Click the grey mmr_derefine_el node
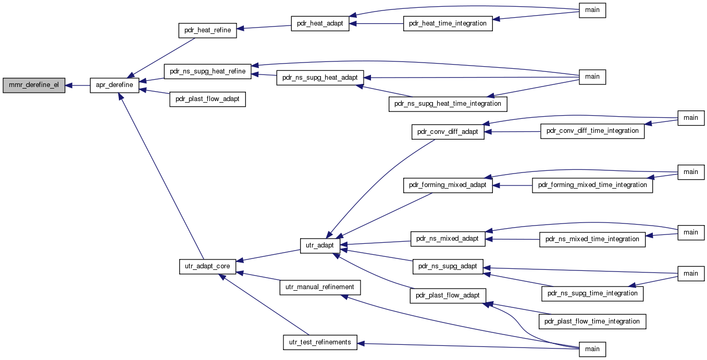pos(34,85)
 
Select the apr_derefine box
pos(114,85)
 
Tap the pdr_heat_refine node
pos(207,30)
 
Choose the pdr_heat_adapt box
pos(320,23)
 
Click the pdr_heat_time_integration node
pos(448,23)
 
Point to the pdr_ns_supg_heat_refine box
pos(207,71)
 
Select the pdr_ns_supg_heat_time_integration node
pos(448,104)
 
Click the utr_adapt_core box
pos(207,267)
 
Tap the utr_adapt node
pos(320,246)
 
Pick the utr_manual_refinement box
pos(320,288)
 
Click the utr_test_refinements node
pos(320,343)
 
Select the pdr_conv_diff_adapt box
pos(448,132)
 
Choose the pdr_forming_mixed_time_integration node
pos(592,185)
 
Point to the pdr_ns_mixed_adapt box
pos(448,239)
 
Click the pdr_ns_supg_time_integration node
pos(592,294)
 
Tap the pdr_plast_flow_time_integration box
pos(592,321)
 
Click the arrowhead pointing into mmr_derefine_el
pos(68,85)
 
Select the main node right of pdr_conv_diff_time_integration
pos(690,118)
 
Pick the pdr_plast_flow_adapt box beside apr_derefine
pos(207,99)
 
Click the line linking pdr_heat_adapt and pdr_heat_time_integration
pos(376,23)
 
